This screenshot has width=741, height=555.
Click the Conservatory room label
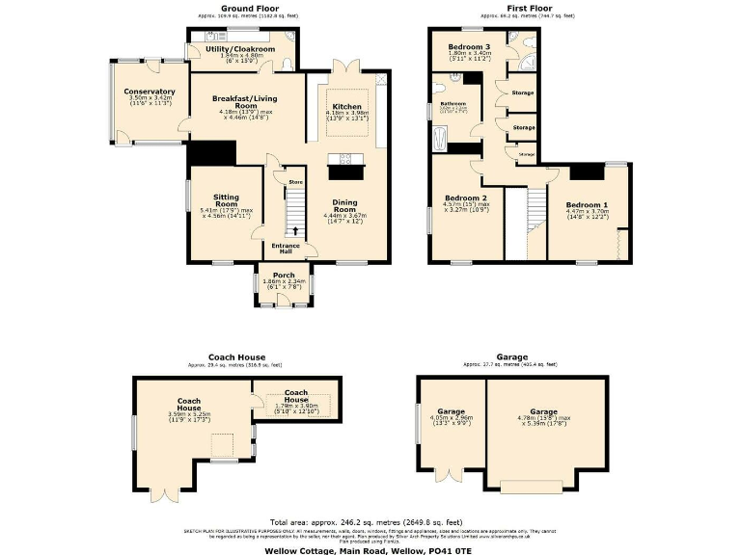click(x=149, y=92)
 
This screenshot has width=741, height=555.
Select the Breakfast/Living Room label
click(x=232, y=101)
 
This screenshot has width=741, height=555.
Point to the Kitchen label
click(x=346, y=106)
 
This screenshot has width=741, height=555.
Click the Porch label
click(x=284, y=275)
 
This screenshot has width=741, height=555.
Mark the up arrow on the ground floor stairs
click(x=295, y=229)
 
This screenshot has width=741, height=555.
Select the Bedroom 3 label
click(x=468, y=46)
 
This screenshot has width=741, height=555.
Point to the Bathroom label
click(x=453, y=103)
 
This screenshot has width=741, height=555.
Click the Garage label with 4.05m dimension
click(x=451, y=411)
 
